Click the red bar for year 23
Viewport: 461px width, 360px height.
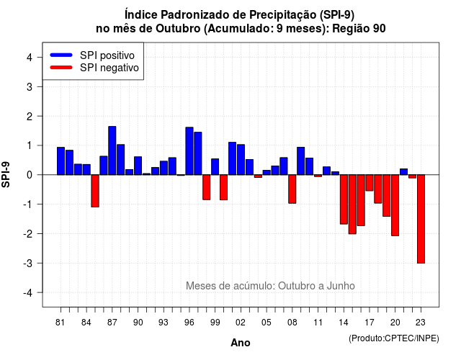tap(421, 219)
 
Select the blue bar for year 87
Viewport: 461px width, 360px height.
tap(112, 150)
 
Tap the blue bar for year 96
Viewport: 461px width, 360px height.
tap(189, 151)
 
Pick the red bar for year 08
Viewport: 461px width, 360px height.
tap(292, 189)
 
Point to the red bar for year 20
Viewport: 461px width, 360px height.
tap(395, 205)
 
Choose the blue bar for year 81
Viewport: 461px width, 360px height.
tap(61, 161)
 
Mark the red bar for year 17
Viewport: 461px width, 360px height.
tap(370, 183)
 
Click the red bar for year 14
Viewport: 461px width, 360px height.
tap(344, 199)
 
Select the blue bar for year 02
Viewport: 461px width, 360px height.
tap(241, 160)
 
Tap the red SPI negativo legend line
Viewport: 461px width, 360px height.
tap(61, 68)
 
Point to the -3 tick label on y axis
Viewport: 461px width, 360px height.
tap(28, 263)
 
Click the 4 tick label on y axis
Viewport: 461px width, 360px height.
tap(30, 57)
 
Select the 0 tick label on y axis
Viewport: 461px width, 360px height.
tap(30, 175)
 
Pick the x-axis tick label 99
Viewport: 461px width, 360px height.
tap(215, 323)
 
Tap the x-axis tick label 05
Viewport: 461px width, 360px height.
tap(267, 323)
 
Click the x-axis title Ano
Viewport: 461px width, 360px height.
tap(241, 343)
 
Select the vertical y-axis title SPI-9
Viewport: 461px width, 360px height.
tap(6, 174)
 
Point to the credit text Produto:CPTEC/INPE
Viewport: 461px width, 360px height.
tap(394, 338)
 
